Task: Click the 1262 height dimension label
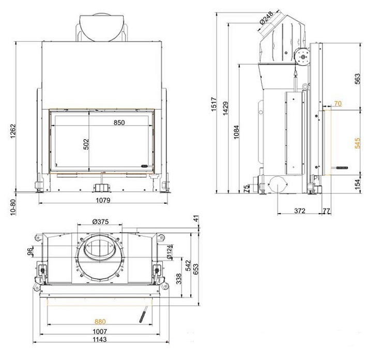13,131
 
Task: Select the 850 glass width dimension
119,123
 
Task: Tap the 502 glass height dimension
86,144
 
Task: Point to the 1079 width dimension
103,200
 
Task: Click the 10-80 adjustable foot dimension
13,207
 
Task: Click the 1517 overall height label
213,104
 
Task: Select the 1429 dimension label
225,108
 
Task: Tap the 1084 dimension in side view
236,132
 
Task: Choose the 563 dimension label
357,79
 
